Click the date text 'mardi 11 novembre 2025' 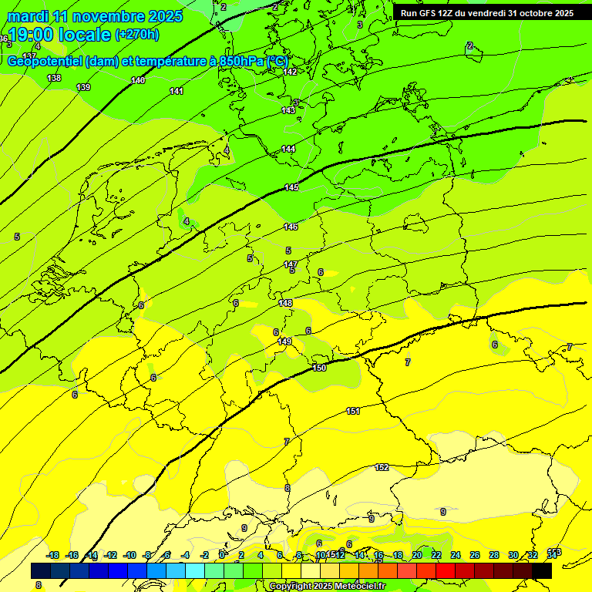tap(95, 16)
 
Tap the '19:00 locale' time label tap(59, 35)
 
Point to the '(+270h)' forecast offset tap(137, 35)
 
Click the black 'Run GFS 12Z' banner tap(486, 13)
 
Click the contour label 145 tap(291, 187)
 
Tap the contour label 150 tap(319, 368)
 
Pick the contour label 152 tap(382, 468)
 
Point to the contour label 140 tap(138, 80)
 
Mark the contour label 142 tap(290, 72)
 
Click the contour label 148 tap(286, 303)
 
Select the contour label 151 tap(353, 411)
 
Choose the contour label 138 tap(54, 78)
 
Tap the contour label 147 tap(291, 264)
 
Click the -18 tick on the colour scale tap(53, 555)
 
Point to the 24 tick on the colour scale tap(456, 555)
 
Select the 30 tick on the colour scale tap(513, 555)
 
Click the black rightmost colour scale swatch tap(542, 570)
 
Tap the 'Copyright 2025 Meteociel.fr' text tap(327, 587)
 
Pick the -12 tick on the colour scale tap(111, 555)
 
